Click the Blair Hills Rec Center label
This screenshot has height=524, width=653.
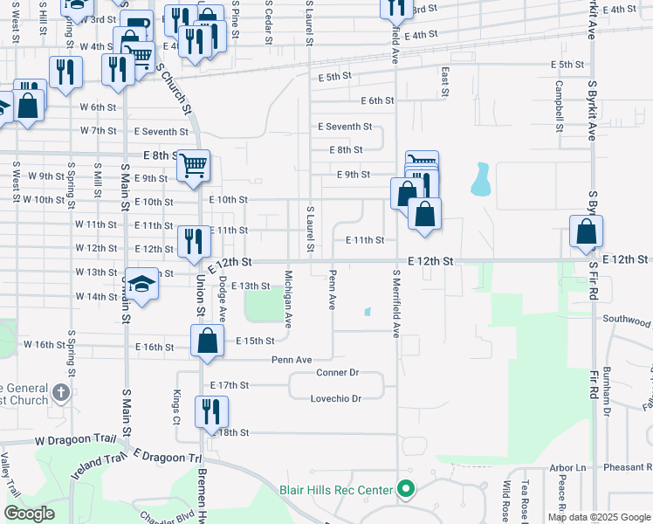point(336,490)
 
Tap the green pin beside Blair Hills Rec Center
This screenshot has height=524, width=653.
point(404,489)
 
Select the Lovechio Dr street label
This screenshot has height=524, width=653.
point(336,398)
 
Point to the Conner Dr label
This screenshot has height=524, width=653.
point(337,373)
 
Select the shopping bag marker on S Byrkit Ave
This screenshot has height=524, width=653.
point(586,231)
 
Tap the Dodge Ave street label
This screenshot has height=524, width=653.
point(223,300)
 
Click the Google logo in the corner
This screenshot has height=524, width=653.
point(29,514)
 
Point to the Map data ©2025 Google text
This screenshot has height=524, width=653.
point(598,517)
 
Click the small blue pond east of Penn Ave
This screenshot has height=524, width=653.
point(368,311)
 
